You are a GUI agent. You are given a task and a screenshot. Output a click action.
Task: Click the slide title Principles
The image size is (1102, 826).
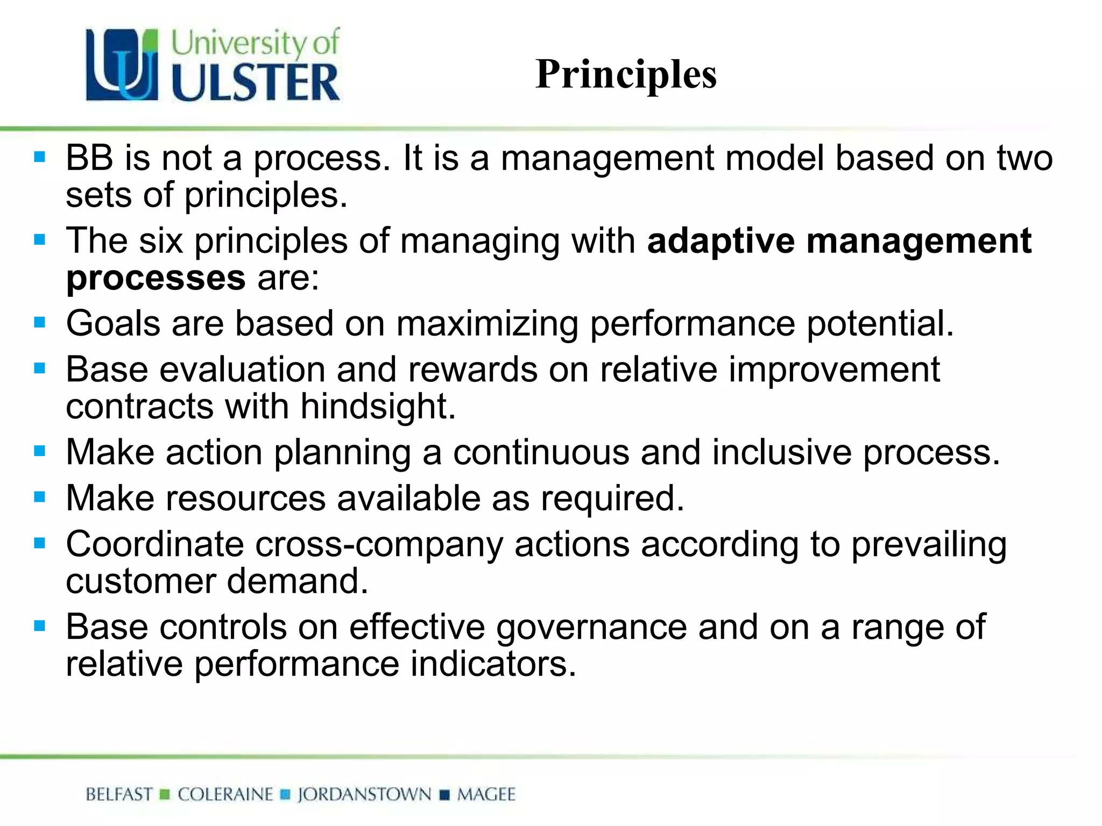click(x=626, y=74)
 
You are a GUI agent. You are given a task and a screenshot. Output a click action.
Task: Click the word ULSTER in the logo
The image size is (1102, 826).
click(x=256, y=83)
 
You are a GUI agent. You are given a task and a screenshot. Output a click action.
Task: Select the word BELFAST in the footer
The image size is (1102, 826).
click(x=119, y=794)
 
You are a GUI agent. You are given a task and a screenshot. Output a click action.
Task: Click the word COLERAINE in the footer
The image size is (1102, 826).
click(x=225, y=794)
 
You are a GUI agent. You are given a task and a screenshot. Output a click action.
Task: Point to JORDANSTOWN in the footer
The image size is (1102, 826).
click(x=364, y=794)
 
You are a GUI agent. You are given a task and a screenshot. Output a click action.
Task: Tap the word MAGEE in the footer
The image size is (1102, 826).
click(x=486, y=794)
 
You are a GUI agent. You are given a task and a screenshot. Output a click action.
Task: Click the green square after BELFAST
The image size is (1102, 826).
click(x=165, y=795)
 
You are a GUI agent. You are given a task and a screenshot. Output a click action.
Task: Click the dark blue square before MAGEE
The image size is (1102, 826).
click(x=444, y=795)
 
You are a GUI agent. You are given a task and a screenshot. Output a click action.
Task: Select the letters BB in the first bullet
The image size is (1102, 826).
click(x=89, y=158)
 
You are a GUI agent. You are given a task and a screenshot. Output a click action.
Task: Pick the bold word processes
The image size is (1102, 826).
click(x=156, y=278)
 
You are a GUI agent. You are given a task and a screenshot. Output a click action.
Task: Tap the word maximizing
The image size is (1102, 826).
click(x=487, y=324)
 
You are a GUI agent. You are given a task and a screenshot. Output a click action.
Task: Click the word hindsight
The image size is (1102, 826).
click(x=377, y=406)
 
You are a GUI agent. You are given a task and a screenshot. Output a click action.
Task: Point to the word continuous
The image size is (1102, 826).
click(x=541, y=452)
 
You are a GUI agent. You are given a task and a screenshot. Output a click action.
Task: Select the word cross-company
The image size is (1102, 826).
click(x=379, y=545)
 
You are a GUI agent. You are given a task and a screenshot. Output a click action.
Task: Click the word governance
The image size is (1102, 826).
click(x=591, y=628)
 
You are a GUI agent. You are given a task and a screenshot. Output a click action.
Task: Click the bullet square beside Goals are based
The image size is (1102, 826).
click(x=39, y=323)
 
